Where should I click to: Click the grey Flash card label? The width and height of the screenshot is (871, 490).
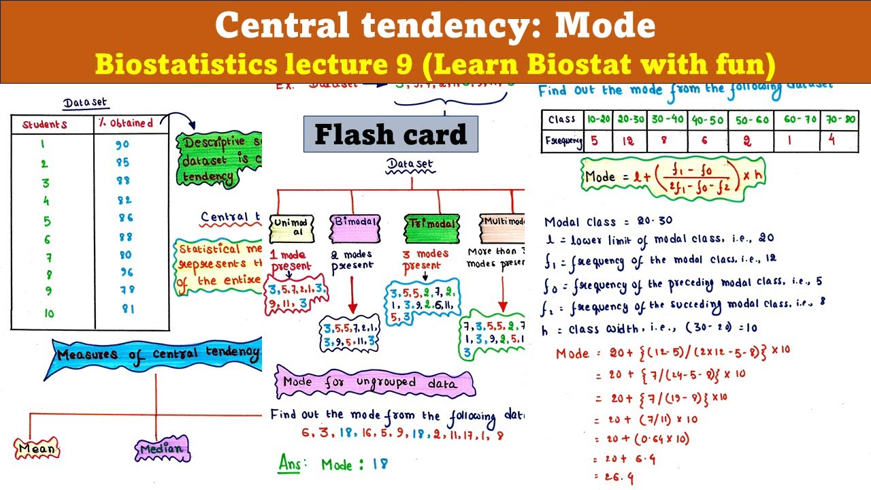(391, 134)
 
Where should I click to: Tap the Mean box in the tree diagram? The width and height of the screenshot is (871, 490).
(37, 448)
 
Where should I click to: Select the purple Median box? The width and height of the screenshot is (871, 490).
(162, 448)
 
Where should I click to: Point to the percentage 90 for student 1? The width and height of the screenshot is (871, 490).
(122, 145)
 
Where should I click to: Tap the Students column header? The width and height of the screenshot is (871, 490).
(45, 125)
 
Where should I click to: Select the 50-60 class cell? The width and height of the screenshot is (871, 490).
(751, 120)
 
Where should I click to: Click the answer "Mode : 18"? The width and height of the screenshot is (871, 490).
(354, 465)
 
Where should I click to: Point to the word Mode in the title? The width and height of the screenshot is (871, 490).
(606, 26)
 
